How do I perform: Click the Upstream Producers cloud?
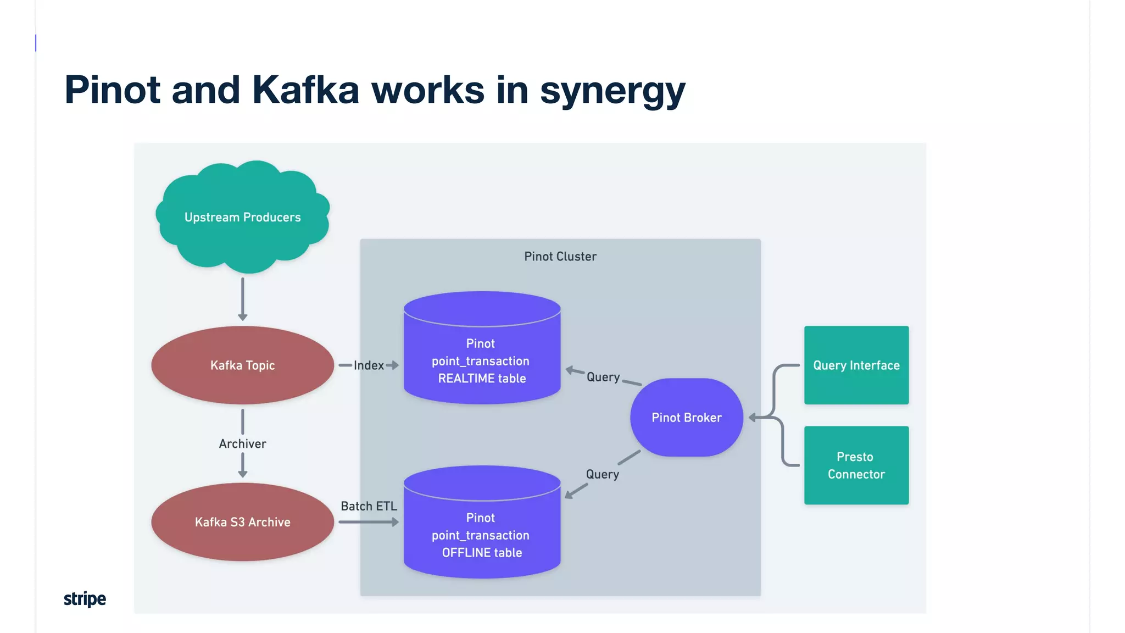coord(242,217)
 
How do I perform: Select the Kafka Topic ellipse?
coord(242,365)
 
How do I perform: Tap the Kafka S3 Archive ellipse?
coord(242,522)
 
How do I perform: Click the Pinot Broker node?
coord(686,418)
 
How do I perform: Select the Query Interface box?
coord(856,365)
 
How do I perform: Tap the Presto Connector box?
coord(856,465)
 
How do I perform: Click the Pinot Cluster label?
coord(560,257)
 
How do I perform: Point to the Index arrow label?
coord(369,365)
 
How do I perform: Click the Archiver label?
coord(242,443)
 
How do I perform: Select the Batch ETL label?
coord(369,506)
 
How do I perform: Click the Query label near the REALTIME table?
coord(603,377)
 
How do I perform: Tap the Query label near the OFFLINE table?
coord(602,474)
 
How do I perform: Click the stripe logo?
coord(85,598)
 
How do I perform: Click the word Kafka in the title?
coord(305,90)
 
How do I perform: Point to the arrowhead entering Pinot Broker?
coord(753,418)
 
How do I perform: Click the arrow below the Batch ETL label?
coord(369,522)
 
